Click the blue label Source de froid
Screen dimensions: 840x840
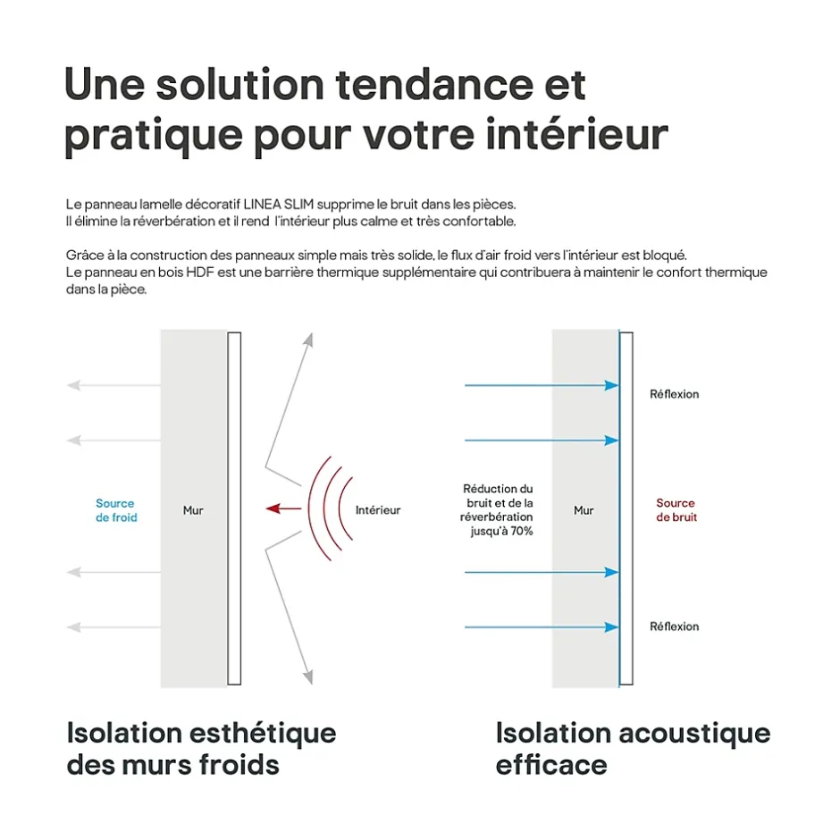[x=116, y=510]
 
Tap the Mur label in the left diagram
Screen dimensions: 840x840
[x=193, y=510]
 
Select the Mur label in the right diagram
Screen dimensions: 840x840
[x=584, y=510]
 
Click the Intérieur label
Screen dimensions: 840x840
[x=378, y=510]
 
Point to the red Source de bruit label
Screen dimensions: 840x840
[x=676, y=510]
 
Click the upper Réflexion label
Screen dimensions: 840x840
[x=674, y=394]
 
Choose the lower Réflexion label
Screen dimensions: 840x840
[x=674, y=626]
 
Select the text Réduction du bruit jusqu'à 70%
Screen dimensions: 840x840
[x=497, y=509]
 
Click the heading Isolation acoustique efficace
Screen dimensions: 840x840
[x=632, y=749]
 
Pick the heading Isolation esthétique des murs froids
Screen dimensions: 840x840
[x=201, y=749]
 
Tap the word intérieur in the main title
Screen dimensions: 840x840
[x=575, y=135]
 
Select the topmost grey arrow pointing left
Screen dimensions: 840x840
[x=113, y=385]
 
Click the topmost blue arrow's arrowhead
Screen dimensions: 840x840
[x=612, y=385]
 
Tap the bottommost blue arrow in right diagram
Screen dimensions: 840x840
[x=541, y=626]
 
